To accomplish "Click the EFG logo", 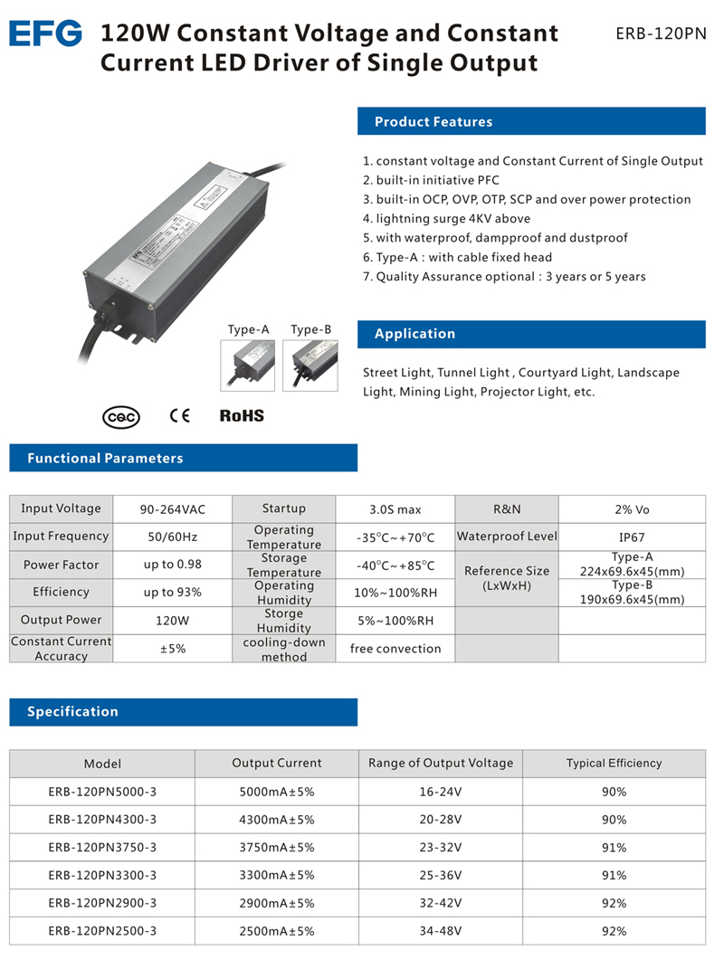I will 45,33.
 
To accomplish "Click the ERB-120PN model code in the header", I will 660,33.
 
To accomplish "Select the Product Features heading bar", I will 531,122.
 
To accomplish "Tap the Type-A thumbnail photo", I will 249,365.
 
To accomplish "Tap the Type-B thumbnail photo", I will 310,365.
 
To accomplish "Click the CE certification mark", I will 180,416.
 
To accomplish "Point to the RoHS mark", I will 242,416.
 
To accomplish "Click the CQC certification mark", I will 121,417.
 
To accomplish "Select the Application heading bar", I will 531,334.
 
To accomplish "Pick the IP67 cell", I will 632,537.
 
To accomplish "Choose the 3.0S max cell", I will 395,509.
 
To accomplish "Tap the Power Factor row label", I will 62,565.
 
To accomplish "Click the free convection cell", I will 395,649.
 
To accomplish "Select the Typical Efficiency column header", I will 614,763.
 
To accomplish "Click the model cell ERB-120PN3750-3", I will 102,848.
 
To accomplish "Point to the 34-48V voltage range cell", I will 440,931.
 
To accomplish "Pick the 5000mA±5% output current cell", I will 276,792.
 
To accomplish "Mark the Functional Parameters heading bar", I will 183,459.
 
